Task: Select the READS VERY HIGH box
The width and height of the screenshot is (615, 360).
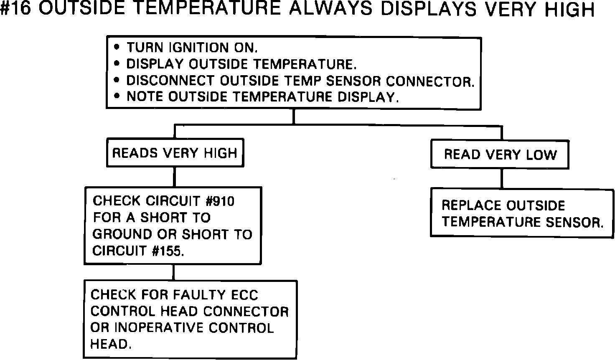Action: coord(175,153)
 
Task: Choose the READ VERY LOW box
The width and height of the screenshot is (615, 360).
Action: coord(500,155)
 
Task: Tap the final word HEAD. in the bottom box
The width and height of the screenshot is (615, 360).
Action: coord(108,344)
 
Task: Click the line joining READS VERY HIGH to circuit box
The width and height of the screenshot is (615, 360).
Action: coord(174,177)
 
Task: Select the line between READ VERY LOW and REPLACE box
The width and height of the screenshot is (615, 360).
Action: coord(501,178)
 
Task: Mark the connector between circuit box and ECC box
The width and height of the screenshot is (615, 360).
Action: coord(173,272)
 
